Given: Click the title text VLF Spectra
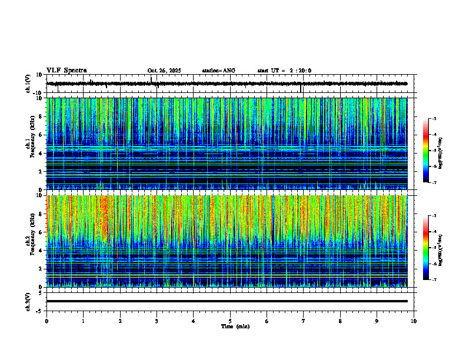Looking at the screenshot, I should [x=66, y=71].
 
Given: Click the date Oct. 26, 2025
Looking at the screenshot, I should [x=164, y=71].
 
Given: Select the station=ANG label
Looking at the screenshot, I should [x=218, y=71].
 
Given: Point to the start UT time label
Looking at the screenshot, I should [x=284, y=71].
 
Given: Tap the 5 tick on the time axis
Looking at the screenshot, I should [x=230, y=321].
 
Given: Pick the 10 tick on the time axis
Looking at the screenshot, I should [x=414, y=321].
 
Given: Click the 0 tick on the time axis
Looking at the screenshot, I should [x=46, y=321].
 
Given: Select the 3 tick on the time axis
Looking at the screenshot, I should [x=157, y=321].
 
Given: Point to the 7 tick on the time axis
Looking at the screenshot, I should [x=304, y=321].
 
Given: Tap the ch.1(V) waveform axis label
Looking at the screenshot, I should [x=28, y=84].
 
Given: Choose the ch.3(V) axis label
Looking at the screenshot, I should [x=28, y=301].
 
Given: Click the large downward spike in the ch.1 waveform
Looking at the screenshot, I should [x=301, y=89].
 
